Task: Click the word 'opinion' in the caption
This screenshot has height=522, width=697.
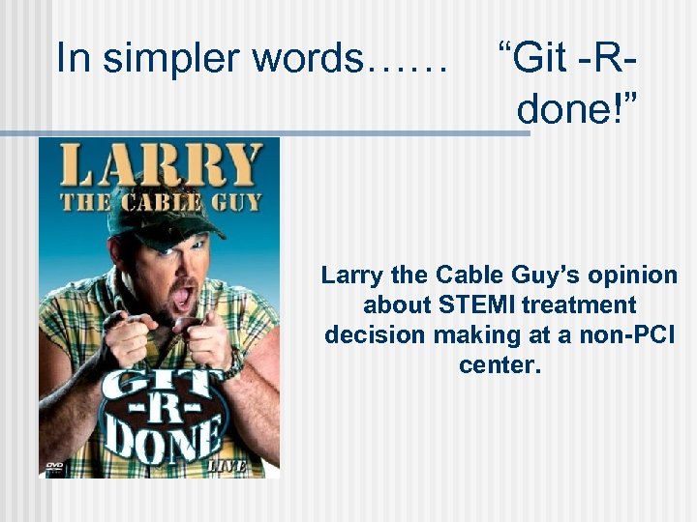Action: click(x=633, y=275)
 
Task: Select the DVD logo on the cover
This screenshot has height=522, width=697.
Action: click(x=54, y=466)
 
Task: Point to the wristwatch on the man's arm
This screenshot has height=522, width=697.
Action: click(x=233, y=365)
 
